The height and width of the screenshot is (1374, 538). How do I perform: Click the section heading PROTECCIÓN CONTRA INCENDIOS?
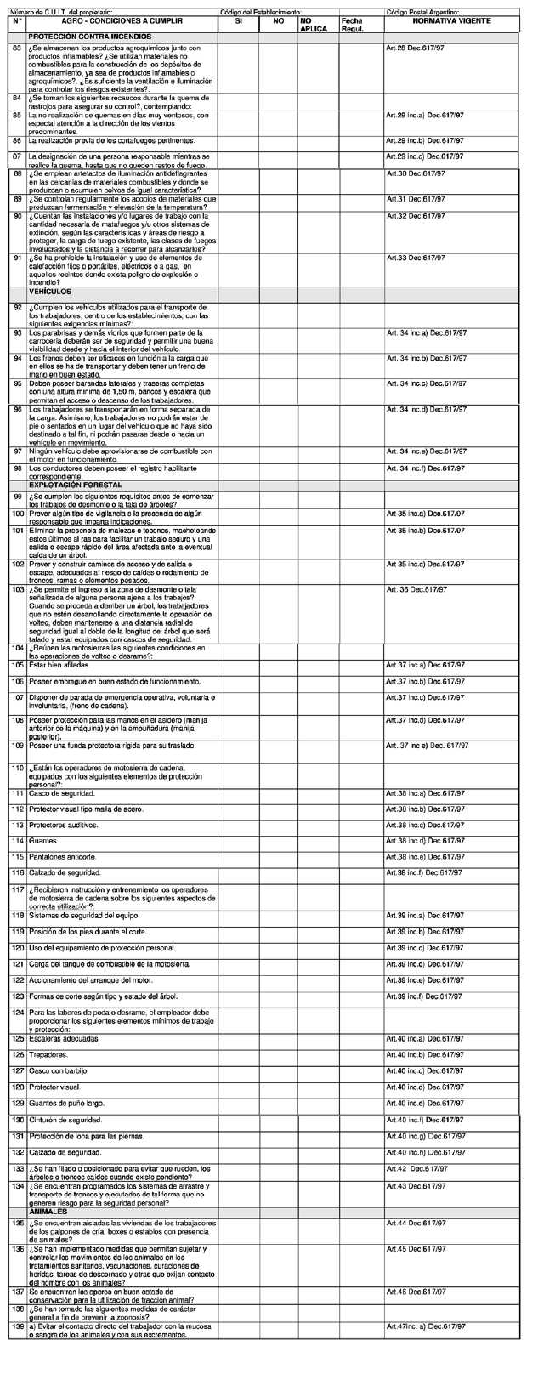click(90, 37)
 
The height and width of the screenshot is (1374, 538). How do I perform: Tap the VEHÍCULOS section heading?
click(50, 292)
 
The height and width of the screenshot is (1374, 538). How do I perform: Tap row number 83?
click(17, 48)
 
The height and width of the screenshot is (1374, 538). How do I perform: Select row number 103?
click(17, 588)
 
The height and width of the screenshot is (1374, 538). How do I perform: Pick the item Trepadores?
click(54, 1054)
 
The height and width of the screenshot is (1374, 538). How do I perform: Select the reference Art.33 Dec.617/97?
click(425, 258)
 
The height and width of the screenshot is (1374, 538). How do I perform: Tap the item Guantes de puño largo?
click(72, 1103)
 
